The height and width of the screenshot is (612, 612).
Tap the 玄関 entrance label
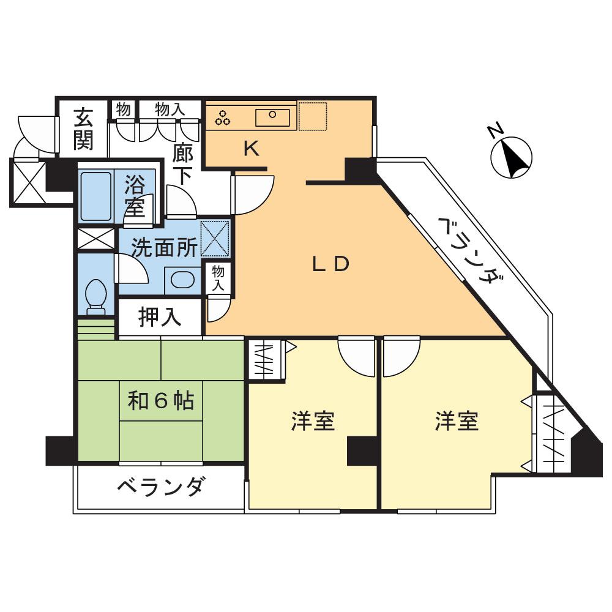click(x=84, y=129)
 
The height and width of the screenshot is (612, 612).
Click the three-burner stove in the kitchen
click(x=223, y=118)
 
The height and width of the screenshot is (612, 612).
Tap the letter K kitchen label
click(x=252, y=149)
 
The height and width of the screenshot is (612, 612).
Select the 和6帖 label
click(x=161, y=401)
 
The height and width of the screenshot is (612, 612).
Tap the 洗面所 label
click(x=165, y=247)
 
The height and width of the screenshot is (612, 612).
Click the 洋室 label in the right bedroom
click(x=457, y=421)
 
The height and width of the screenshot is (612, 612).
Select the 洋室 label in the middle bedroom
click(x=313, y=421)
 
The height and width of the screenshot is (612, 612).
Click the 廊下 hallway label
click(x=181, y=162)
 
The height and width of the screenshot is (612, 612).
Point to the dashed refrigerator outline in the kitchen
click(x=312, y=116)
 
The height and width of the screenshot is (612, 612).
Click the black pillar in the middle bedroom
click(x=361, y=451)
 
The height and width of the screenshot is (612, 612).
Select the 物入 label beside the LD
click(x=218, y=278)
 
